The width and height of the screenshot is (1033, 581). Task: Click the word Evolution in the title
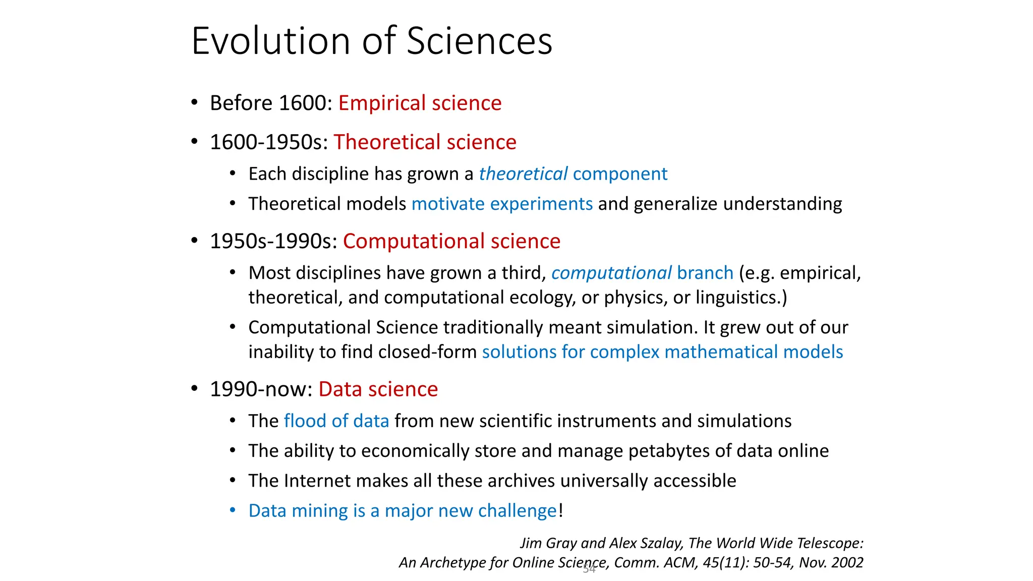point(271,41)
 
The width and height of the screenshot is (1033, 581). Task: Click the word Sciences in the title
point(479,41)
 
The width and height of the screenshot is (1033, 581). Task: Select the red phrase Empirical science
point(420,103)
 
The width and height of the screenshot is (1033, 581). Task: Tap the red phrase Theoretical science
point(425,142)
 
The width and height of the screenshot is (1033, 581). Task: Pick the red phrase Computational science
point(451,241)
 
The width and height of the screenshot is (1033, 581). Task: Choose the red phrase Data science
point(378,389)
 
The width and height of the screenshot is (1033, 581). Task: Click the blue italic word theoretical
point(523,174)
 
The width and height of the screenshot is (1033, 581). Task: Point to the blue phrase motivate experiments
point(502,204)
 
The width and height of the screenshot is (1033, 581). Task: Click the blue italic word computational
point(611,273)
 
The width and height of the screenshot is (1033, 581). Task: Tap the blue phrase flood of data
point(336,421)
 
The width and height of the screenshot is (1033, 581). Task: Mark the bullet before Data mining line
point(233,510)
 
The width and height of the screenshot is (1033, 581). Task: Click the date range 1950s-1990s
point(273,241)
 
